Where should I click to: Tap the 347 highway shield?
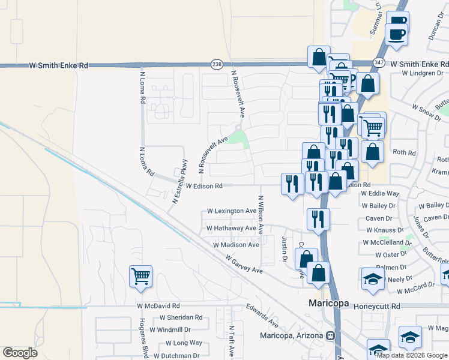click(x=378, y=63)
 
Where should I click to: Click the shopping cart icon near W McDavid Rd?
click(x=140, y=277)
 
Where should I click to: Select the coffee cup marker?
click(x=396, y=28)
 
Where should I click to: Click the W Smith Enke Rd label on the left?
click(x=59, y=65)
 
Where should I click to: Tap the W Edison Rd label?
click(x=204, y=187)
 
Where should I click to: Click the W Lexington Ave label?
click(x=232, y=211)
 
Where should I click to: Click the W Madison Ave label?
click(x=236, y=245)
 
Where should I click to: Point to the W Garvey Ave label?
click(x=244, y=264)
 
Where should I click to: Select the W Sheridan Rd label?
click(x=181, y=317)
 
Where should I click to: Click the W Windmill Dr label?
click(x=170, y=329)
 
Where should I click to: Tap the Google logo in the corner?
click(x=20, y=353)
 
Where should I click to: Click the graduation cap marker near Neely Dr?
click(x=372, y=279)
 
